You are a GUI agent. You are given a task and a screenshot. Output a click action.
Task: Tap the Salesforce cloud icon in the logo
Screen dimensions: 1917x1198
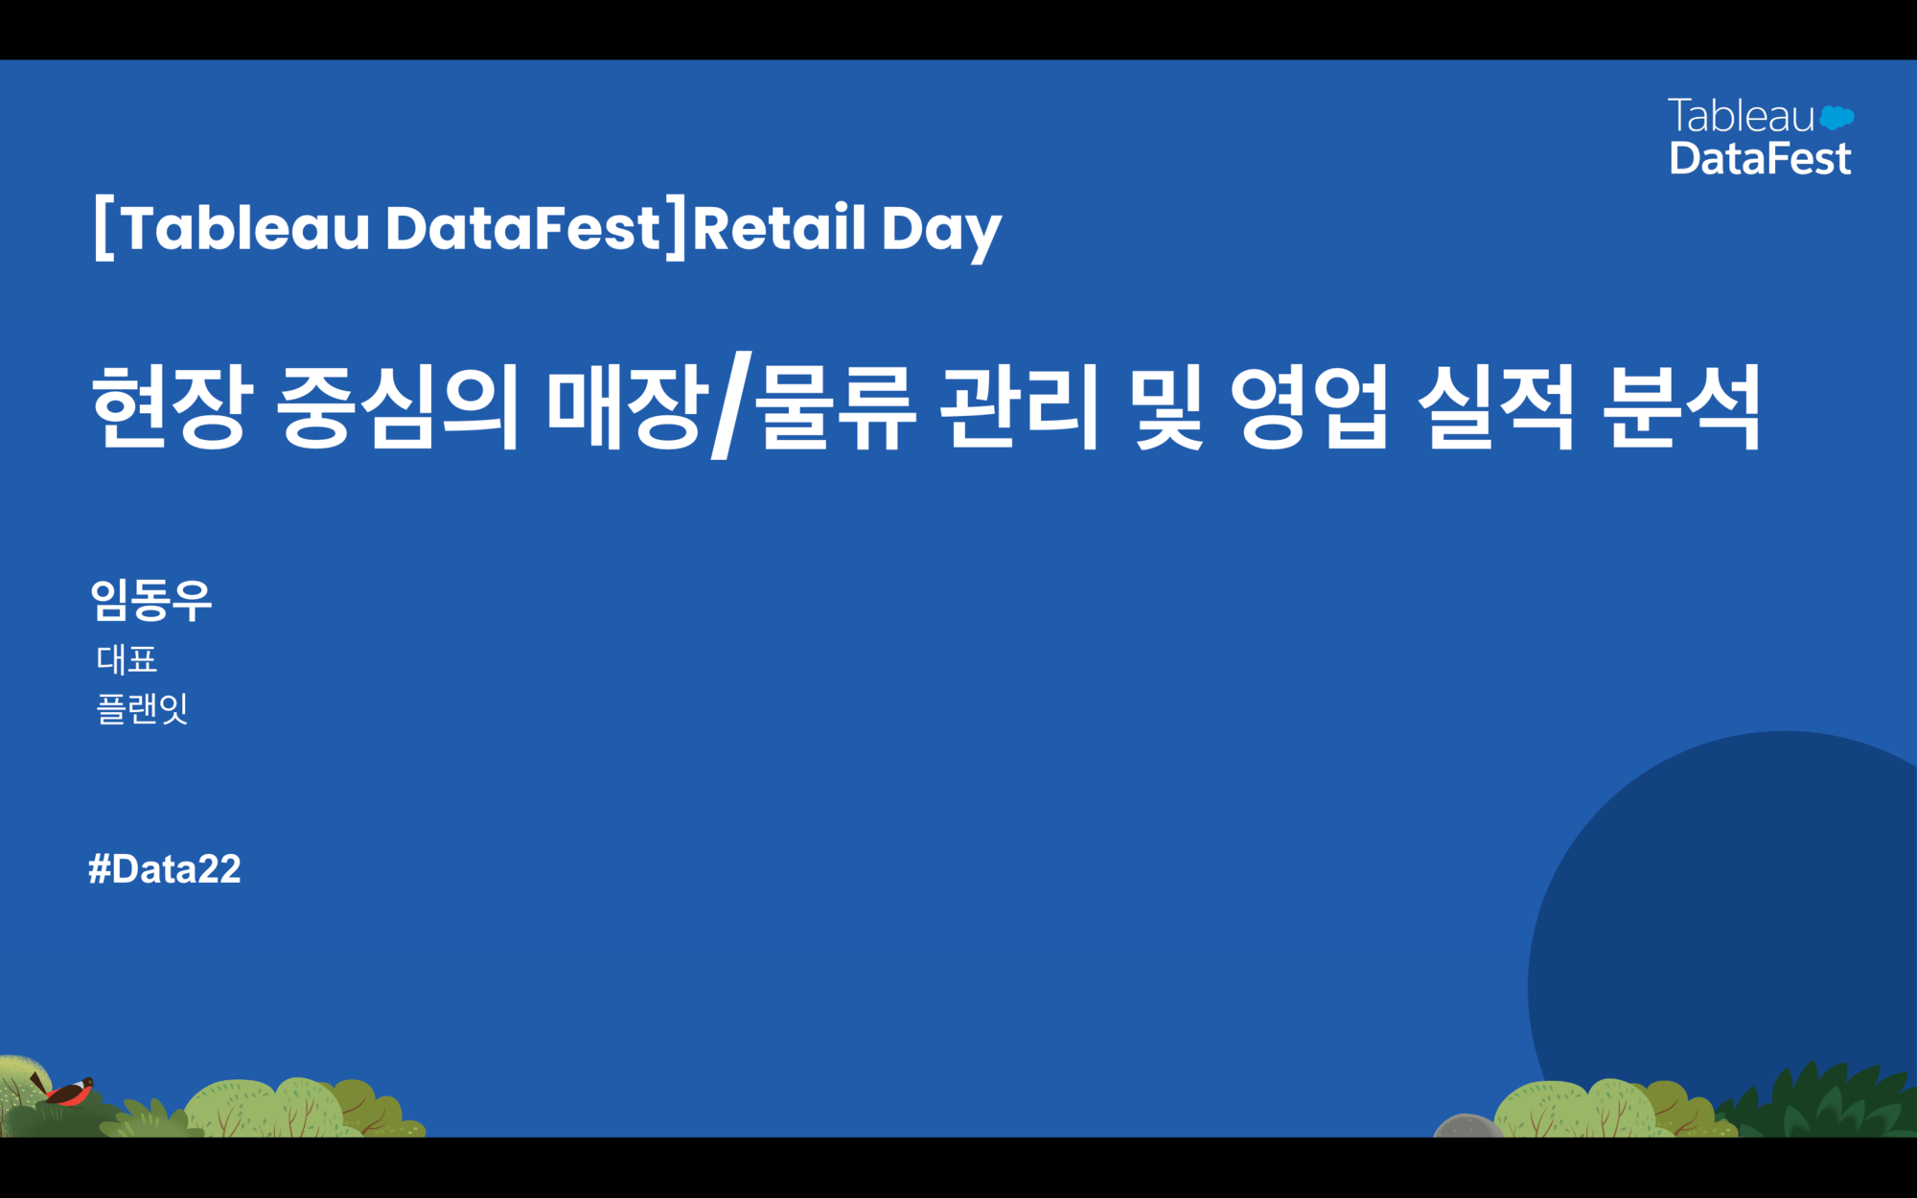(x=1836, y=118)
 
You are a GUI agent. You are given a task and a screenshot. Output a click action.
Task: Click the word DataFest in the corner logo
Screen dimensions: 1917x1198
(x=1760, y=158)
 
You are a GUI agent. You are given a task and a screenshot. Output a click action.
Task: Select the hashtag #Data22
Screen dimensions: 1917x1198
(x=165, y=869)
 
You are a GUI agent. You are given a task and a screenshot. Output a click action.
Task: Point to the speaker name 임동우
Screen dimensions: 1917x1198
(x=151, y=601)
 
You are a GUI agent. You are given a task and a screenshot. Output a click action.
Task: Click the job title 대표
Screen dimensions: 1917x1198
(x=127, y=659)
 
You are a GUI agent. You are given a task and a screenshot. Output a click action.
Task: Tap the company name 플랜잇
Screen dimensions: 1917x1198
(x=142, y=709)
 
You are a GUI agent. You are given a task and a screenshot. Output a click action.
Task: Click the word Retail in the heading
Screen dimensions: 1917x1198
(x=779, y=228)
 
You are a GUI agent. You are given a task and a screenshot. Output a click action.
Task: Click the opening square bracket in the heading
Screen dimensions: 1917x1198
(x=104, y=227)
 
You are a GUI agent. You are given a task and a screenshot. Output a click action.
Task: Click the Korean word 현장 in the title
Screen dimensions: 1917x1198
(x=173, y=406)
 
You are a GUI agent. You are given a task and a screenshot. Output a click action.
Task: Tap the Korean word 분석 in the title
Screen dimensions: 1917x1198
(x=1683, y=406)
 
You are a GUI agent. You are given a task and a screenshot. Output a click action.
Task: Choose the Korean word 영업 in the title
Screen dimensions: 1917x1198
(x=1309, y=406)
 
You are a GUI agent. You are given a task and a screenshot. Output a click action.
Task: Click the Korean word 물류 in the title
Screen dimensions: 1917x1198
(x=836, y=406)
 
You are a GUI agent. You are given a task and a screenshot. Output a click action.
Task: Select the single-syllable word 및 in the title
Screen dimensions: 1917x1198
(x=1166, y=406)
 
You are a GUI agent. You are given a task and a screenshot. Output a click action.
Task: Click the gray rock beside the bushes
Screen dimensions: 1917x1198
(x=1467, y=1126)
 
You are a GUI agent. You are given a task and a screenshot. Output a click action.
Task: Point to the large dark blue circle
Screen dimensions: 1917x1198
(x=1725, y=920)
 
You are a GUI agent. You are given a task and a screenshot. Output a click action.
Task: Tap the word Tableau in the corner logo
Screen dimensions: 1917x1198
(x=1741, y=116)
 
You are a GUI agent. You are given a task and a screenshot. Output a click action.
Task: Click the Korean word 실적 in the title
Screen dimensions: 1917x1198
(x=1496, y=406)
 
